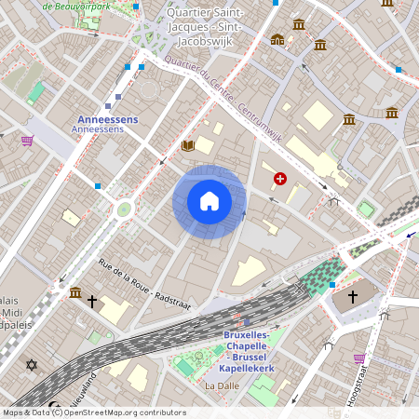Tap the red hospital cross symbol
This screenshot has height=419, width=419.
[x=279, y=178]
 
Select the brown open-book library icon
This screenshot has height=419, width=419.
[x=188, y=145]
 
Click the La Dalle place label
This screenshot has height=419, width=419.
[x=222, y=385]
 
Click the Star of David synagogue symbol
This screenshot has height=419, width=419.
[x=32, y=364]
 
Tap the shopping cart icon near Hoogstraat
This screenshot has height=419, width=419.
[x=359, y=358]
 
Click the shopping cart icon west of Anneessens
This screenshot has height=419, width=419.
[x=27, y=141]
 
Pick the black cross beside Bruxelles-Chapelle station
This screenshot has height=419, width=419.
[x=352, y=296]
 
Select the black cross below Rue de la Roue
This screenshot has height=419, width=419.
[x=92, y=301]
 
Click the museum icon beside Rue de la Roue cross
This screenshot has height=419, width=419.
[x=74, y=293]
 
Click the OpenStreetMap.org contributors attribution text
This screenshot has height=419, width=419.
[x=121, y=412]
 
